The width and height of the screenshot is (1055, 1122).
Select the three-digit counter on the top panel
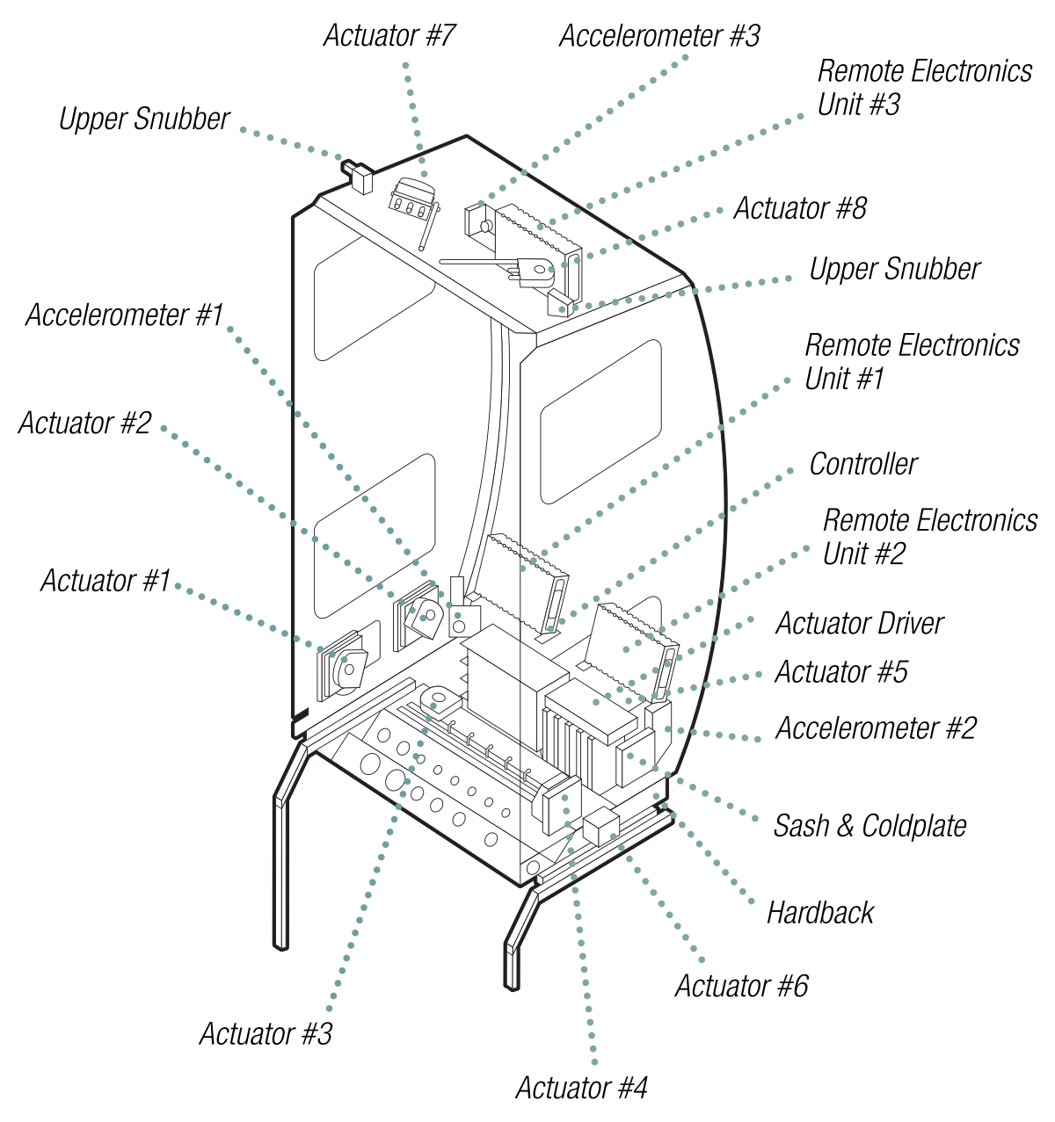[x=410, y=199]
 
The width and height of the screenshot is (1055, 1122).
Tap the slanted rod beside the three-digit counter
[x=429, y=227]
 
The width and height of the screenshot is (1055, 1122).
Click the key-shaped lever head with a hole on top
[x=535, y=271]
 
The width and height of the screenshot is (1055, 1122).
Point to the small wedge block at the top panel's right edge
[x=559, y=304]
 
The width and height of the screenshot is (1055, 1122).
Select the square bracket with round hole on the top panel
[x=478, y=221]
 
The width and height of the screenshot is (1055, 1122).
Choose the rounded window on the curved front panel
[x=600, y=422]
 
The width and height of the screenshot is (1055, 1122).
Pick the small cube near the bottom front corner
[x=601, y=827]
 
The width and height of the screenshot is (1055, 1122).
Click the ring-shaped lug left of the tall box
[x=439, y=699]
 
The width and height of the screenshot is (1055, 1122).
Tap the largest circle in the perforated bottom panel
[x=371, y=764]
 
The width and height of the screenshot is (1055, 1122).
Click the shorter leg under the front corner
[x=513, y=962]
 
